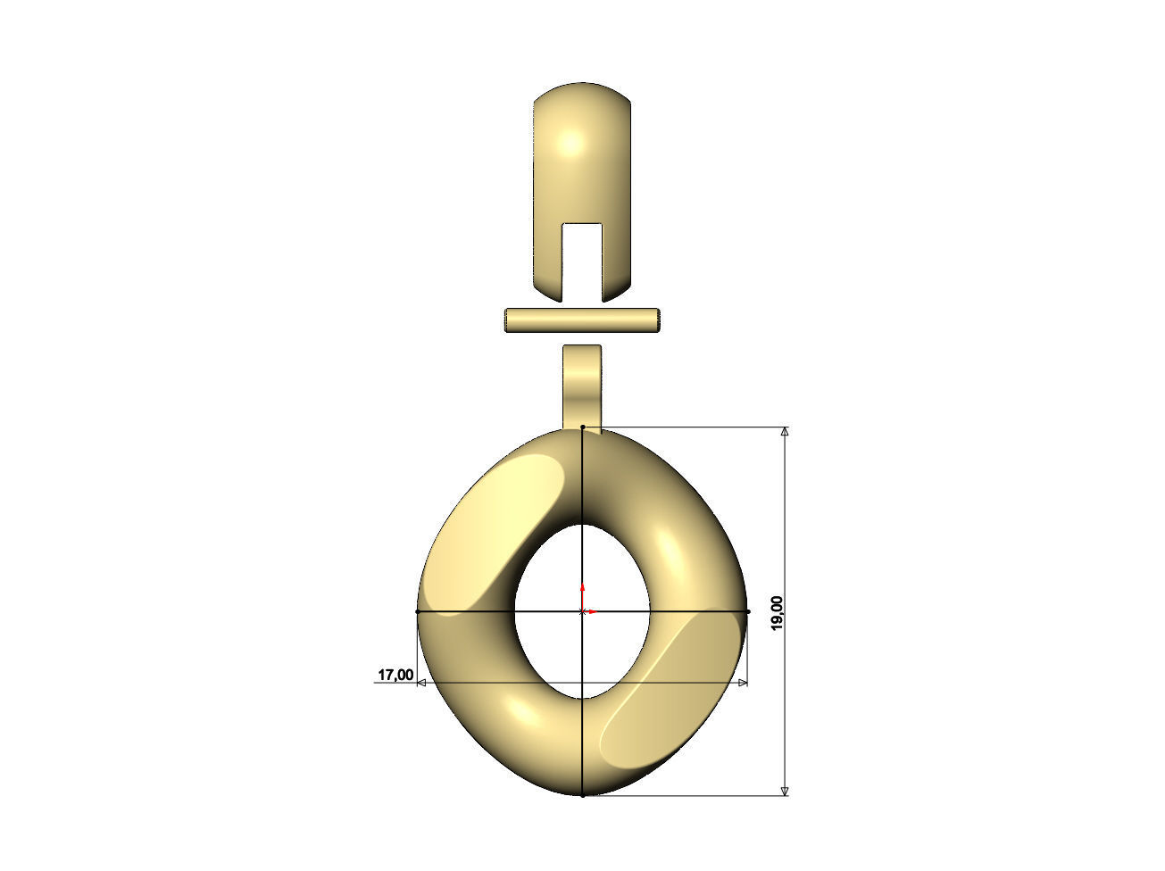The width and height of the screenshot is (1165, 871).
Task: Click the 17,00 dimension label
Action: click(x=395, y=675)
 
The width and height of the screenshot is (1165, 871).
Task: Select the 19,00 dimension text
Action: click(x=777, y=612)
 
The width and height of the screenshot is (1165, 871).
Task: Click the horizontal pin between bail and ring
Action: click(x=582, y=320)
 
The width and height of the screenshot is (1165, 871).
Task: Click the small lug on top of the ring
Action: click(x=582, y=385)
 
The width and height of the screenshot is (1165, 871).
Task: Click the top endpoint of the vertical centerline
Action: click(x=582, y=427)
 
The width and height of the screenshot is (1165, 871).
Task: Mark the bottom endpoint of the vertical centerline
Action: click(x=582, y=795)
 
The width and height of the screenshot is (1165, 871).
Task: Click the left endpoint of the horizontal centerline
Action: click(x=417, y=611)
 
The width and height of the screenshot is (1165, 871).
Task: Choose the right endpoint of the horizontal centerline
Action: click(x=748, y=611)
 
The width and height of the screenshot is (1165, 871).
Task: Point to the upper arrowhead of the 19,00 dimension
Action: click(x=785, y=432)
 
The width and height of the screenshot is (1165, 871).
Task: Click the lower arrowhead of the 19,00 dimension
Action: click(x=785, y=790)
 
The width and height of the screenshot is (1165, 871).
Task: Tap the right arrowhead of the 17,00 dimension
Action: click(x=743, y=683)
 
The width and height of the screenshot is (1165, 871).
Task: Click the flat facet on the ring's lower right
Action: click(x=670, y=696)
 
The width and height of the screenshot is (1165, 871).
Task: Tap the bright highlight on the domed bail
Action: click(x=571, y=143)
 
